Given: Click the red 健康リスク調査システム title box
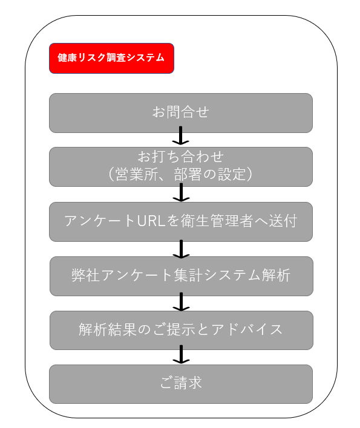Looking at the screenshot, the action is pos(111,58).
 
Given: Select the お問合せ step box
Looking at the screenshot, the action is pos(181,113).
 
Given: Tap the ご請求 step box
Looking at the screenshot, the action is pos(181,384).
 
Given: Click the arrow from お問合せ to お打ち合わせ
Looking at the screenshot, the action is pos(180,135).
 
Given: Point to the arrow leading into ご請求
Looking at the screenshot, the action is pos(181,354).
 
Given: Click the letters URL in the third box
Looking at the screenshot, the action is pos(151,221).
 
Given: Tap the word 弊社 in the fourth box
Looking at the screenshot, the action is pos(85,275).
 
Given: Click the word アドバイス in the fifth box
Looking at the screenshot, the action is pos(247,329).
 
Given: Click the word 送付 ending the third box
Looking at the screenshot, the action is pos(283,221).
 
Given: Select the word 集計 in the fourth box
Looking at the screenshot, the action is pos(188,275).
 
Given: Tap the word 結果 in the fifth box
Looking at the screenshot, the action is pos(122,329).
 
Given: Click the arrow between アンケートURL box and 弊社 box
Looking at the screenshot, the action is pos(181,249).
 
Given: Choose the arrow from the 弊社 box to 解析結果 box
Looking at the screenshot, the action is pos(181,302).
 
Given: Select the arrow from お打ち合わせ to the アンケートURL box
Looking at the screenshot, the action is pos(181,192).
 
